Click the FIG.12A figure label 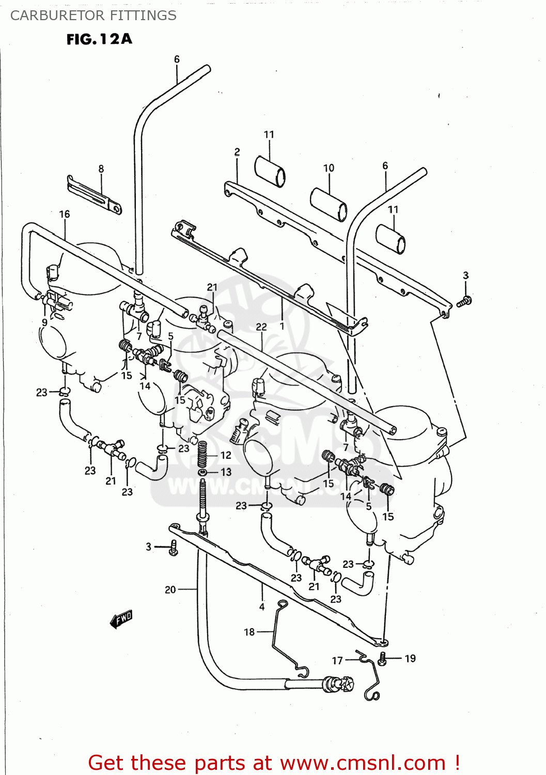point(99,39)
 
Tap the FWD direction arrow point(122,618)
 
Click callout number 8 point(101,169)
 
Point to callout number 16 point(65,214)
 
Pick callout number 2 point(237,152)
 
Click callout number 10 point(329,168)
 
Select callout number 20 point(170,590)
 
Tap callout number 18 point(249,632)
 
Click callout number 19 point(410,658)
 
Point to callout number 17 point(337,660)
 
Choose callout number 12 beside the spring point(226,455)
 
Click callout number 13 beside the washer point(226,472)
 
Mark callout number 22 point(261,327)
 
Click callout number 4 point(262,607)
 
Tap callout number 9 point(45,322)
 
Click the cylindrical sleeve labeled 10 point(329,204)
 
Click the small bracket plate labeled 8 point(94,194)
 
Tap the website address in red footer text point(362,763)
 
